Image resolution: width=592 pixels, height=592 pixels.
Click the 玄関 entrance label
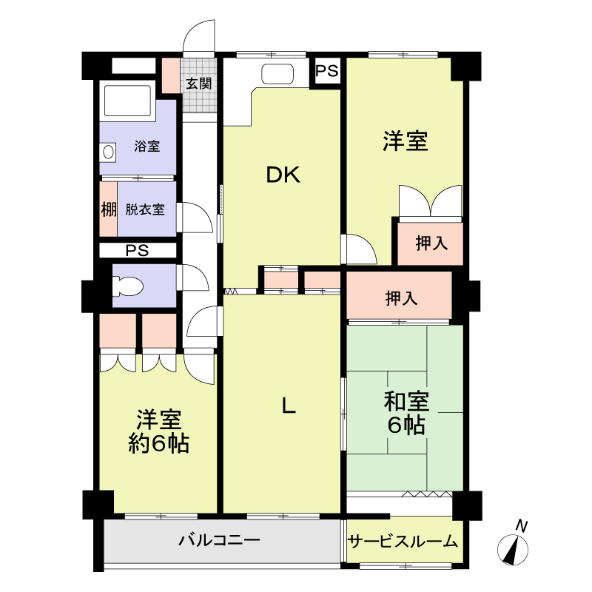pyautogui.click(x=198, y=84)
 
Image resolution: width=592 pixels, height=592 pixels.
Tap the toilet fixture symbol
pyautogui.click(x=128, y=286)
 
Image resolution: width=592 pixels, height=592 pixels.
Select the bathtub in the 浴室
pyautogui.click(x=127, y=101)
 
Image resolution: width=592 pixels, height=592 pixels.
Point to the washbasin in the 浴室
pyautogui.click(x=108, y=152)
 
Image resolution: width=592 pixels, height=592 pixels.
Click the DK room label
pyautogui.click(x=283, y=175)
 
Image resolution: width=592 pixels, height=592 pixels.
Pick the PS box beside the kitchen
pyautogui.click(x=327, y=71)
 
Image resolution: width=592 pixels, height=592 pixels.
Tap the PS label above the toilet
pyautogui.click(x=137, y=250)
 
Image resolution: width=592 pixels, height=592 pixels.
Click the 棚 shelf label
pyautogui.click(x=108, y=209)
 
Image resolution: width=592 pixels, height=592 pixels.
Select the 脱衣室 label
pyautogui.click(x=145, y=209)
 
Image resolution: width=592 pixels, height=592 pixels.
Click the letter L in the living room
pyautogui.click(x=289, y=406)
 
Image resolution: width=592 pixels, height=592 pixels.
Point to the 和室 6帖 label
pyautogui.click(x=406, y=413)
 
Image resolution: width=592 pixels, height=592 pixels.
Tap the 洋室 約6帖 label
pyautogui.click(x=158, y=431)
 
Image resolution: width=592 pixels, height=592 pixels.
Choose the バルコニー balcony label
pyautogui.click(x=219, y=540)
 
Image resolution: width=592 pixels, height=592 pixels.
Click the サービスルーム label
pyautogui.click(x=403, y=542)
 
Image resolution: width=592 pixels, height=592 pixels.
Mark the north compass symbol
pyautogui.click(x=512, y=550)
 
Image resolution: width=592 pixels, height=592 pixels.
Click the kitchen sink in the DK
pyautogui.click(x=277, y=73)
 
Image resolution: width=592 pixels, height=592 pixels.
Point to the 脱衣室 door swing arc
pyautogui.click(x=197, y=217)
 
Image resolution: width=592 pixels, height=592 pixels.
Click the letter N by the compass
pyautogui.click(x=521, y=526)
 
